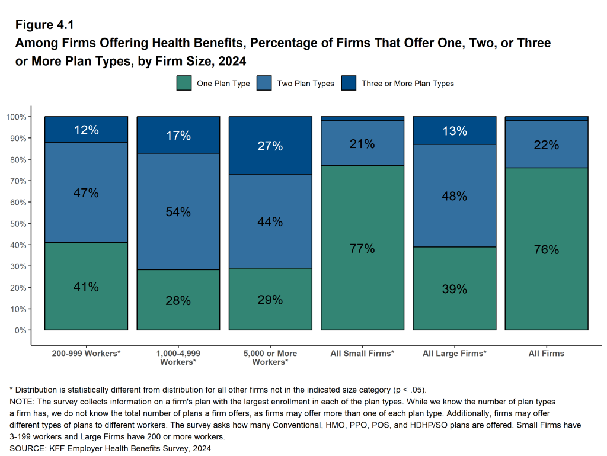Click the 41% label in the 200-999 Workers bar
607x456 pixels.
(87, 287)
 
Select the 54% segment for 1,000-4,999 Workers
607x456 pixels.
(178, 212)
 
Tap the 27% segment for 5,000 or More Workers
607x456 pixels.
(270, 146)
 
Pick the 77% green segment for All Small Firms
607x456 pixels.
(362, 248)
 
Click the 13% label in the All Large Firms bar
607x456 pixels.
(455, 131)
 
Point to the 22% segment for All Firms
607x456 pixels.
(547, 144)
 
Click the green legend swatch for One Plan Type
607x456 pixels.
(184, 84)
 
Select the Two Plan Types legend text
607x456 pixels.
(305, 84)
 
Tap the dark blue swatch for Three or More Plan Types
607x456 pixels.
(349, 84)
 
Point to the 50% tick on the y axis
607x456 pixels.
(18, 224)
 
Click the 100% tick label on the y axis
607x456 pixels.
(16, 117)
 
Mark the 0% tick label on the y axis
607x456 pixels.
(20, 330)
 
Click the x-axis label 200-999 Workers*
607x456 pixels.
(87, 353)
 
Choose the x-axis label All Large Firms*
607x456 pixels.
(455, 353)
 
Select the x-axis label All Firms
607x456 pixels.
(547, 353)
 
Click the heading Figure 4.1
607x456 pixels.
(44, 25)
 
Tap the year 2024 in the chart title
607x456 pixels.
(231, 61)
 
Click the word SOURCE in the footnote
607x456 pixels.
(29, 448)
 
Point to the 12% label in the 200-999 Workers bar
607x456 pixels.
(87, 130)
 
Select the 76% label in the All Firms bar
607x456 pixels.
(547, 249)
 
